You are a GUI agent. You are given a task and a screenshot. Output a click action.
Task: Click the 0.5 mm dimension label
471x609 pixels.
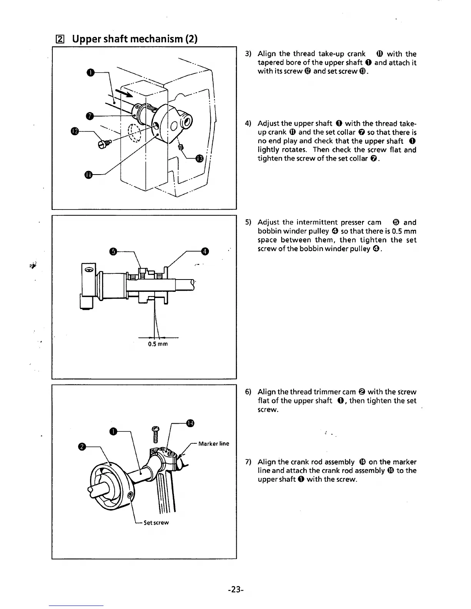158,344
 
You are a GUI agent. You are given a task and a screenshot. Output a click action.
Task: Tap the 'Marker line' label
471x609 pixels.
214,444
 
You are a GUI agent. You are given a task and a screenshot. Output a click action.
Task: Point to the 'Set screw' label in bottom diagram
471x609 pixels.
156,522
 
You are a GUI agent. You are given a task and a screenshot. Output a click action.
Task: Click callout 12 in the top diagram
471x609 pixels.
75,131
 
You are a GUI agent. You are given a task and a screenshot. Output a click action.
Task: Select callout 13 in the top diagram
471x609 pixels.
200,158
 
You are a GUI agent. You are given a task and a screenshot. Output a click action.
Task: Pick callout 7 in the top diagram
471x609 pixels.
90,115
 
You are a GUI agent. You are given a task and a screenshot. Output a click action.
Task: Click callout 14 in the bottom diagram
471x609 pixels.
190,423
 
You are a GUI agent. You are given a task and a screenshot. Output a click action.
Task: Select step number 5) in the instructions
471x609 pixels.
248,222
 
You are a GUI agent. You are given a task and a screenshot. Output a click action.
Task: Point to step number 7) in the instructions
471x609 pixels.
248,462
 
